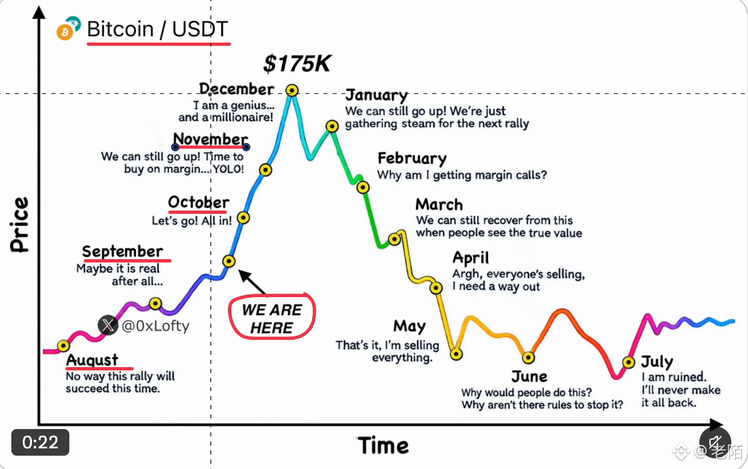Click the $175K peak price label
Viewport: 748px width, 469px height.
coord(297,63)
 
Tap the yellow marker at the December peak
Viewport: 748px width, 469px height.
coord(292,90)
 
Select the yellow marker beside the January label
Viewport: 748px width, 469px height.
coord(332,127)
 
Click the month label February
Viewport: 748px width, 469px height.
coord(412,159)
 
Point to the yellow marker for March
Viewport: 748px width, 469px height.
coord(395,239)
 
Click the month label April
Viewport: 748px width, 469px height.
coord(471,258)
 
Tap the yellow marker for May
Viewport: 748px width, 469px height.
coord(457,354)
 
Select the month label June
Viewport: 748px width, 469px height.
coord(529,376)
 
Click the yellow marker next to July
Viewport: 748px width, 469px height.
coord(629,362)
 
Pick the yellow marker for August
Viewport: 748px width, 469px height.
coord(63,346)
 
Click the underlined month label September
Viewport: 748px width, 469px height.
coord(123,251)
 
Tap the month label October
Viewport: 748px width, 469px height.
coord(199,202)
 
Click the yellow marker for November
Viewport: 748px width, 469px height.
coord(266,170)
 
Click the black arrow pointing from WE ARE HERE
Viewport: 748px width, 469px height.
coord(252,282)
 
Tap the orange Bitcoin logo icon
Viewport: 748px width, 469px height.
coord(65,33)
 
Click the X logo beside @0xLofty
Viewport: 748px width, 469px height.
coord(108,326)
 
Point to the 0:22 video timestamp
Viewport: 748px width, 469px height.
coord(41,442)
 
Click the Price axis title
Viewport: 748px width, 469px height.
coord(19,225)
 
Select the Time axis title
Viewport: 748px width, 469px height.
coord(383,446)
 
